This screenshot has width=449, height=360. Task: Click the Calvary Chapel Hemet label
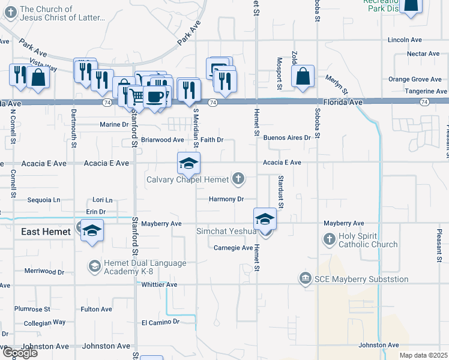coord(187,179)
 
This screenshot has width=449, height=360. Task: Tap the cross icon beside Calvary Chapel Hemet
coord(238,178)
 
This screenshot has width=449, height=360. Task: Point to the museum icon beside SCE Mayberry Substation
coord(305,278)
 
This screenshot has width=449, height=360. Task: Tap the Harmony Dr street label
coord(226,199)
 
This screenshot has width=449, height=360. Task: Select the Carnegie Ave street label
coord(234,247)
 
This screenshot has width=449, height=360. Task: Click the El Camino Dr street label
coord(160,322)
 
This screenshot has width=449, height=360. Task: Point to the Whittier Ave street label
coord(160,284)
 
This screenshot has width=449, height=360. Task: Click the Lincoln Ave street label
coord(405,40)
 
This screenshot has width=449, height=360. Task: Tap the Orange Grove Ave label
coord(415,79)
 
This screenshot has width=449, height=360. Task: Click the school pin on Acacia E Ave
coord(188,164)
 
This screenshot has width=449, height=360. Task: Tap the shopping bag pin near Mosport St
coord(303,77)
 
